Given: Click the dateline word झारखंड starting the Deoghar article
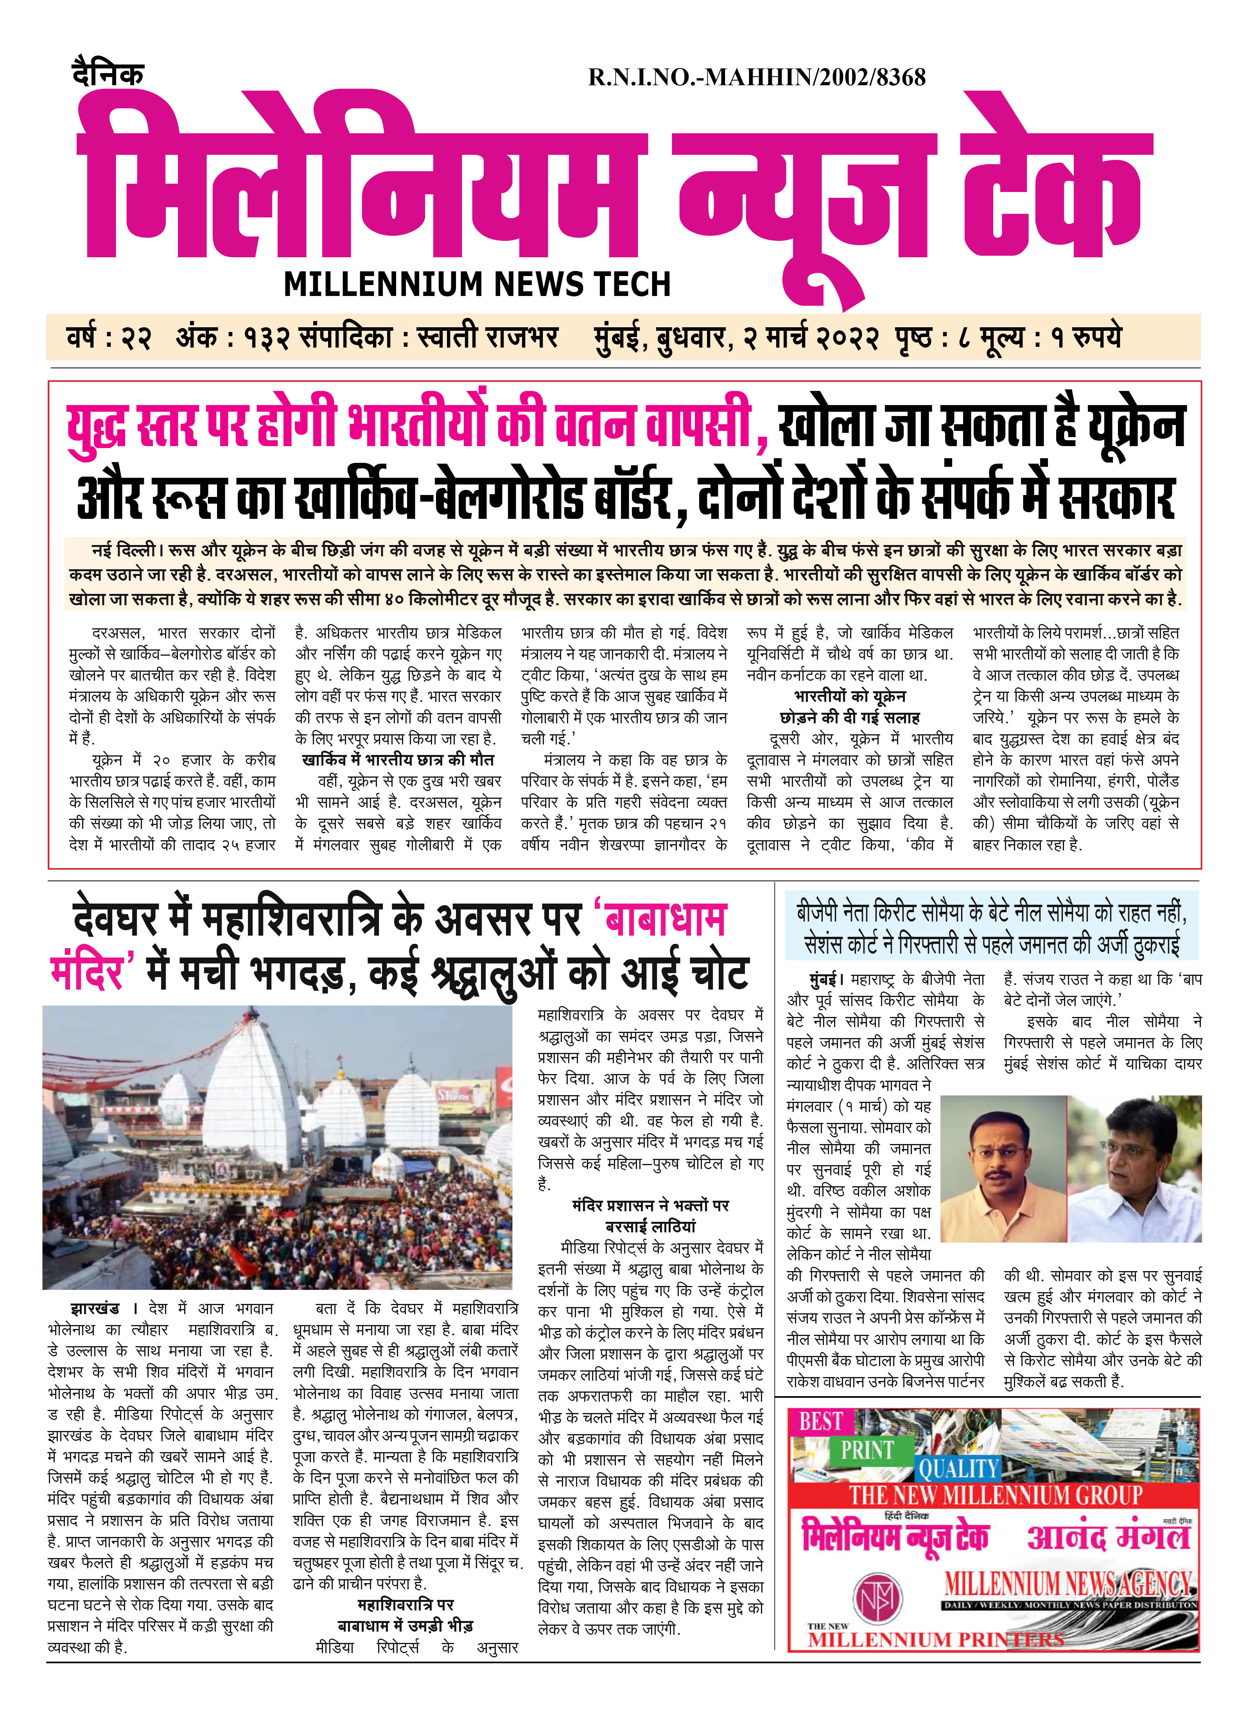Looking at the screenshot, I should point(94,1308).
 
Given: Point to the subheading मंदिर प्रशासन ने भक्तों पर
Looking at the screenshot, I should point(651,1205).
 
